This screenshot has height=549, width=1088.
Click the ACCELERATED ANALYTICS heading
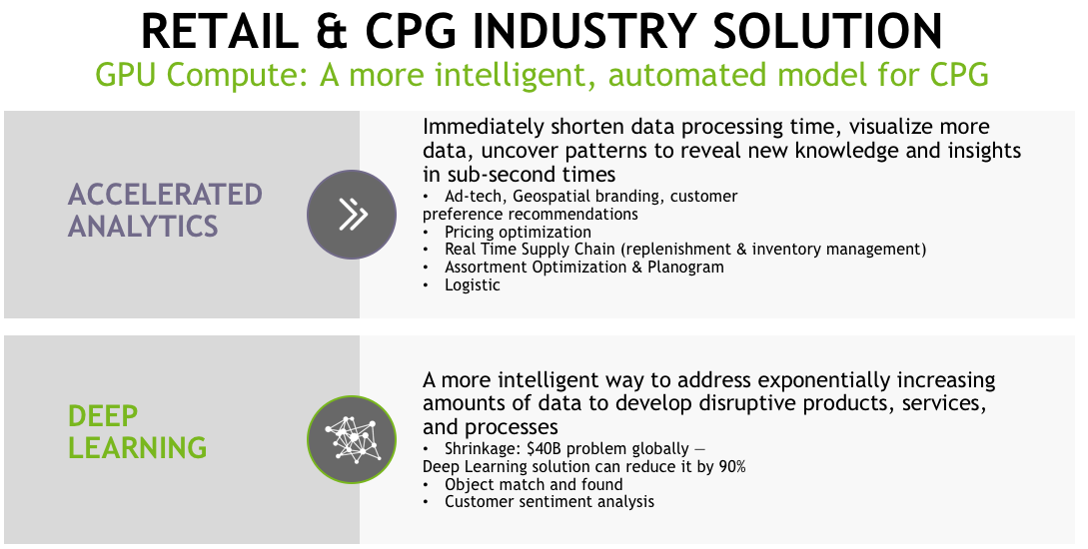pos(165,210)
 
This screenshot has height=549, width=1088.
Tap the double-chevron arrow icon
pos(352,215)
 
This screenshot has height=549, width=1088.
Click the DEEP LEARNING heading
pos(137,431)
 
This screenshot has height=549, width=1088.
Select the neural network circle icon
pos(352,439)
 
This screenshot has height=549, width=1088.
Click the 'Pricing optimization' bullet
pos(518,232)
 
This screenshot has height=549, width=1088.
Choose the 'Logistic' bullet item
pos(472,284)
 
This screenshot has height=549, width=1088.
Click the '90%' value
pos(732,466)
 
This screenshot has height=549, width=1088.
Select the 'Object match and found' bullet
pos(534,484)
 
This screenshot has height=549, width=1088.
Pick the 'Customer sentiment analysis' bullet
pos(548,501)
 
